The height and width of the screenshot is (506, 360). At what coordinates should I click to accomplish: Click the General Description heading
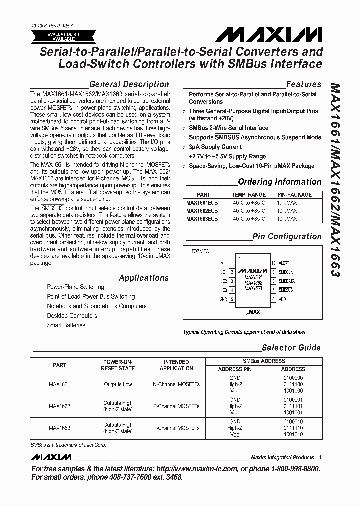point(129,84)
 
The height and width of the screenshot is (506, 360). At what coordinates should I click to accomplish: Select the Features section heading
point(303,84)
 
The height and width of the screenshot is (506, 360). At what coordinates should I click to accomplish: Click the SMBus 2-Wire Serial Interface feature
point(228,128)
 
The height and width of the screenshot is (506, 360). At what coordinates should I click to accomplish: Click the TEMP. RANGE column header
point(248,195)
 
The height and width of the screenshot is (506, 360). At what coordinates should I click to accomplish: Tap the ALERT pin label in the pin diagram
point(284,263)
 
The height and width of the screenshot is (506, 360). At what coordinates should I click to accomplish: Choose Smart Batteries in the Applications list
point(66,325)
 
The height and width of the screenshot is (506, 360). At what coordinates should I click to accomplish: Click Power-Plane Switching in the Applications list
point(75,287)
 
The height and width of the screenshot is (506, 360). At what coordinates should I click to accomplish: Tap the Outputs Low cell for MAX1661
point(118,385)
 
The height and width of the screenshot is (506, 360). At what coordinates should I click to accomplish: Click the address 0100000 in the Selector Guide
point(293,378)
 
